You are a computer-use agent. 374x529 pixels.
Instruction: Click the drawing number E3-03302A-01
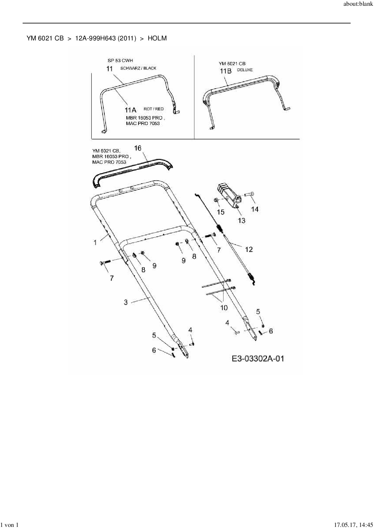[258, 358]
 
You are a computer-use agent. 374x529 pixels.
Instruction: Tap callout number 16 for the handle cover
[138, 148]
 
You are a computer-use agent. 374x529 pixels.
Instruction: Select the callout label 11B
[226, 71]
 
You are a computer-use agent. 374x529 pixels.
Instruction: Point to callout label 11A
[131, 110]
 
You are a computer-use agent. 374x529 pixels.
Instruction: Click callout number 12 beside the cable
[249, 249]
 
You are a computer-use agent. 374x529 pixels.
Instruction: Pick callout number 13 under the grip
[241, 220]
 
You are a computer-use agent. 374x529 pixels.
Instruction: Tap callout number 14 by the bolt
[255, 209]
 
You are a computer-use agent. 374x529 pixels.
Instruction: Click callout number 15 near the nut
[221, 212]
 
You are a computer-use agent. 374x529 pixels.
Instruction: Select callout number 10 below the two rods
[224, 308]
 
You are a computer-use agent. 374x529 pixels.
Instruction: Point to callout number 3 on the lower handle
[126, 302]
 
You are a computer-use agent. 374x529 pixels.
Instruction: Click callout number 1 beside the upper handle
[95, 242]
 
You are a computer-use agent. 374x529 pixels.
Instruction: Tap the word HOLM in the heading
[157, 38]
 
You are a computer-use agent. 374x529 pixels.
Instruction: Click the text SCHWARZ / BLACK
[138, 68]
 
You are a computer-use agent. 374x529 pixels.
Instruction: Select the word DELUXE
[245, 70]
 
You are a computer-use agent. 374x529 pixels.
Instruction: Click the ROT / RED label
[154, 109]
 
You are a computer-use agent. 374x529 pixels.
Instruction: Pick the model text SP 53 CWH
[120, 61]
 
